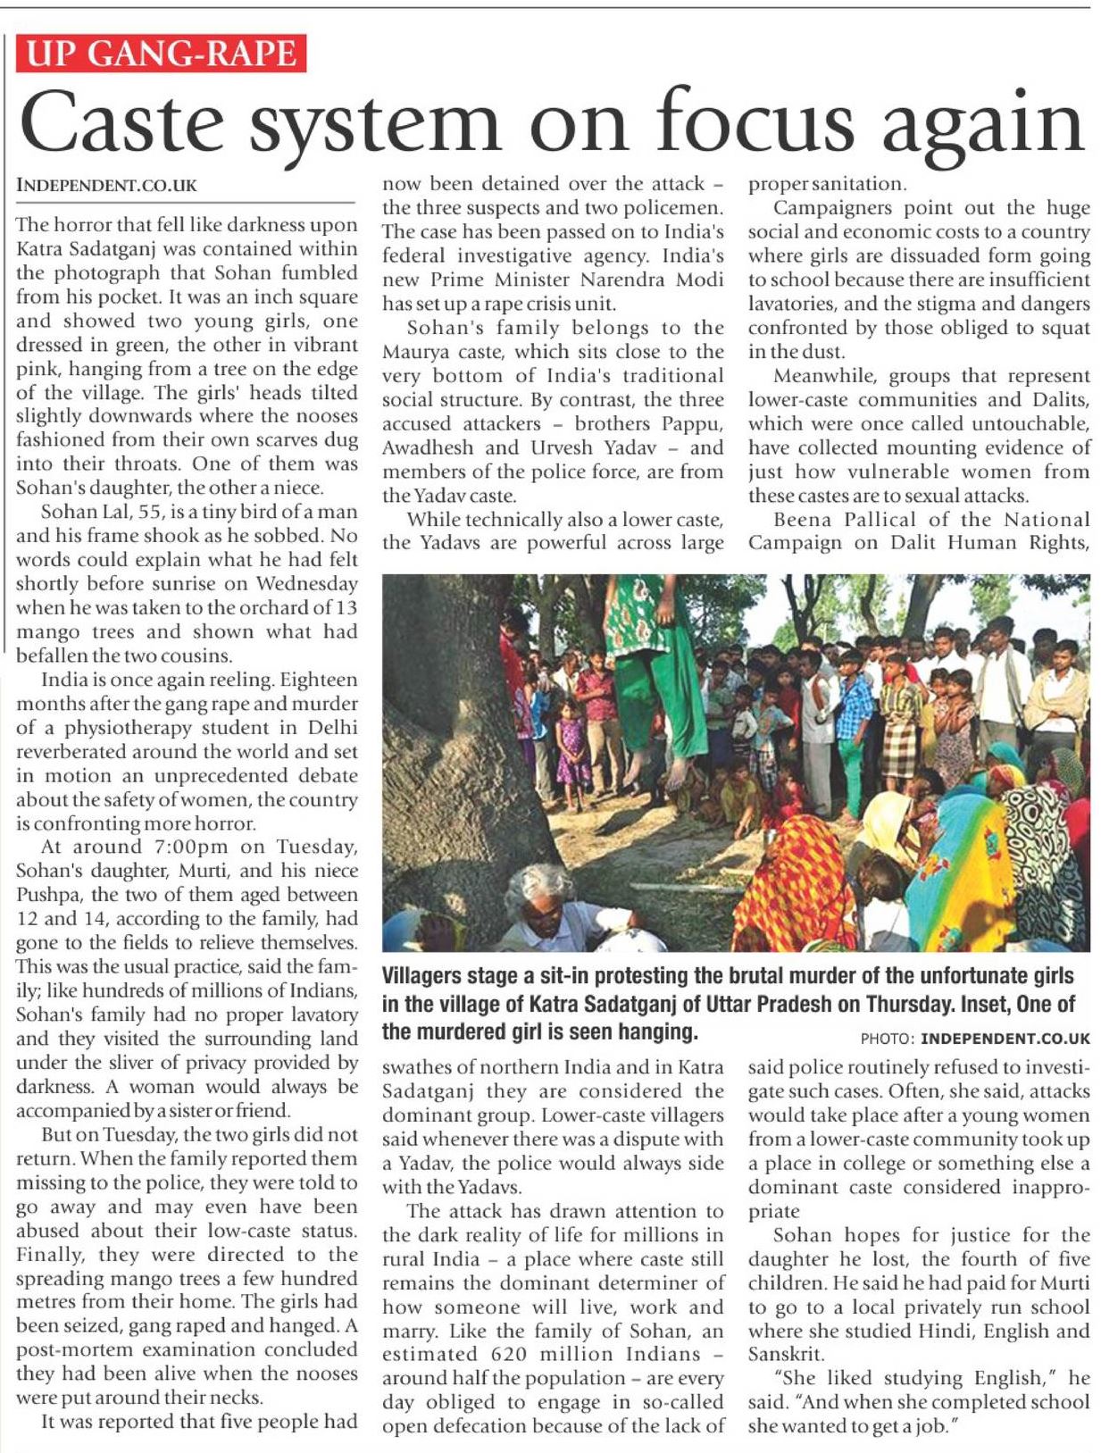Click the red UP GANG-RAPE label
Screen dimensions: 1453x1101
pyautogui.click(x=161, y=53)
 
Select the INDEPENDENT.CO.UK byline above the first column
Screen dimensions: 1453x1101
pyautogui.click(x=106, y=186)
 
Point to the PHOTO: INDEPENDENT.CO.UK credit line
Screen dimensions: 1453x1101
pyautogui.click(x=975, y=1039)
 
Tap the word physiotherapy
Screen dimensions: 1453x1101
pyautogui.click(x=166, y=728)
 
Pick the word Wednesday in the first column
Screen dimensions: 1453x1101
pyautogui.click(x=306, y=584)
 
